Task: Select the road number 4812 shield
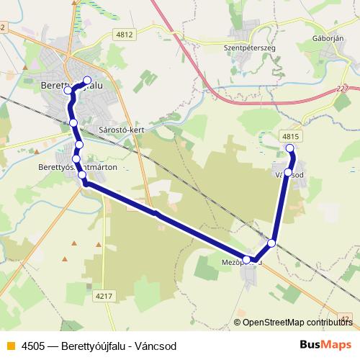tap(125, 33)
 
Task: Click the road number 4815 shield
tap(290, 135)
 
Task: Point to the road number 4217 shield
tap(104, 294)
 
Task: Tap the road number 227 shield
tap(341, 89)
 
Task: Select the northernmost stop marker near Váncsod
tap(291, 148)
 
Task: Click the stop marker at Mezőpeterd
tap(247, 260)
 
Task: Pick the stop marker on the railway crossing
tap(271, 243)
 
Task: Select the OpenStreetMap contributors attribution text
tap(297, 322)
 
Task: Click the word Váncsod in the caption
tap(156, 346)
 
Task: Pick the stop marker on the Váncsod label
tap(288, 173)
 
